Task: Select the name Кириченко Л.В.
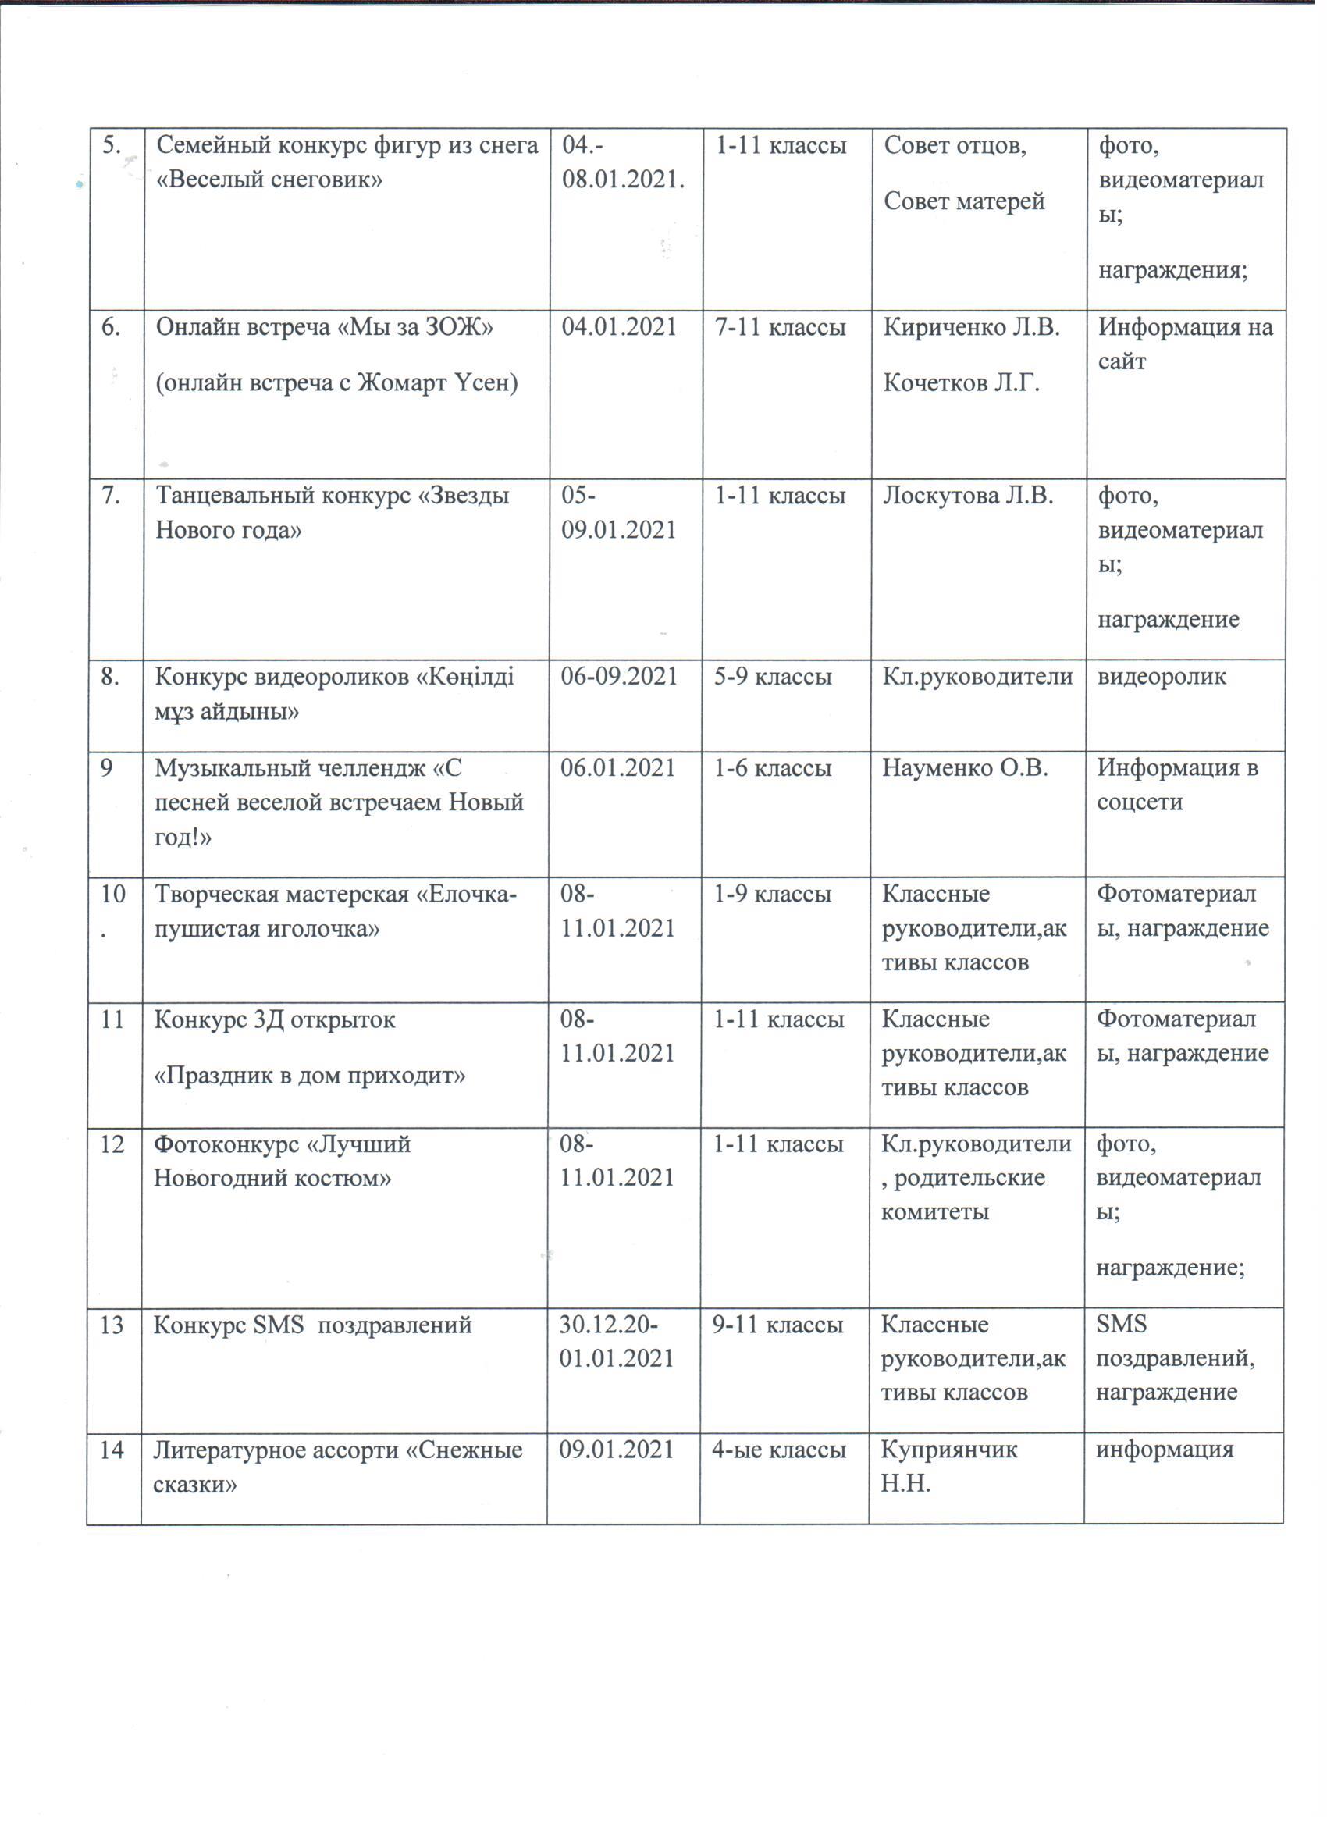click(971, 328)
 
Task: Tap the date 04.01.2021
click(619, 328)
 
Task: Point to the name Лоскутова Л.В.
click(968, 496)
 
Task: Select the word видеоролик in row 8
click(1162, 677)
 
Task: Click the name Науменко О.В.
click(965, 768)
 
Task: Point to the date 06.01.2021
click(618, 768)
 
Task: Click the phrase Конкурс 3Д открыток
click(275, 1020)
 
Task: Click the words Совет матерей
click(964, 201)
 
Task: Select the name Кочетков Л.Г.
click(962, 383)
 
